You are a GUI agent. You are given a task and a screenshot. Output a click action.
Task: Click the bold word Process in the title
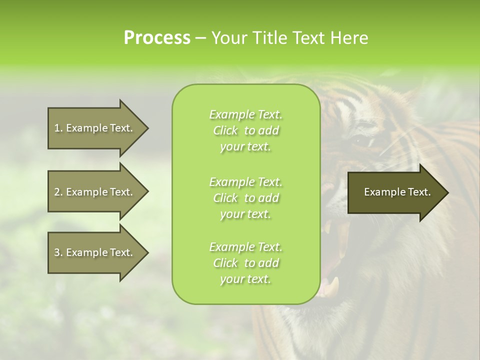(x=157, y=38)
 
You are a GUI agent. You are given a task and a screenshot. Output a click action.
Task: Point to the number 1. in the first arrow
(x=58, y=128)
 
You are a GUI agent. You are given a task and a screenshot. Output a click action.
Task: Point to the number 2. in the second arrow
(x=58, y=192)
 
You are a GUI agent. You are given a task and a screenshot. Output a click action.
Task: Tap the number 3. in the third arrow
(x=58, y=252)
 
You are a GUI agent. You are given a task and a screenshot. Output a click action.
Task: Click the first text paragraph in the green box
(x=245, y=130)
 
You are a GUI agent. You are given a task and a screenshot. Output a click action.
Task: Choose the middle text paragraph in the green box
(x=245, y=197)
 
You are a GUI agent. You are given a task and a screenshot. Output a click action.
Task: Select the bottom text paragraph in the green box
(x=245, y=263)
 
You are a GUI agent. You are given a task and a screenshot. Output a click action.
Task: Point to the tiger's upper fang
(x=328, y=227)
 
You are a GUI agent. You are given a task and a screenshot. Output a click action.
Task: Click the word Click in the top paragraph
(x=225, y=130)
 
